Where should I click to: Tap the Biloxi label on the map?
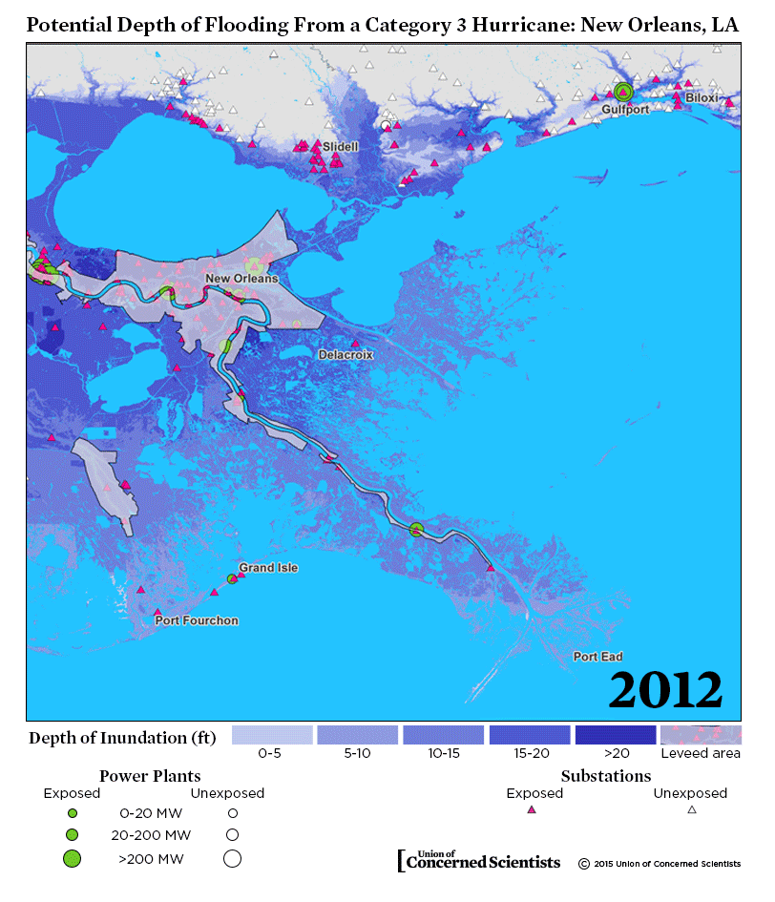tap(703, 97)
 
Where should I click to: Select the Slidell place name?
tap(341, 147)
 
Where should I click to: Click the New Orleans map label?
tap(241, 279)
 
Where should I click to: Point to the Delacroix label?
tap(346, 354)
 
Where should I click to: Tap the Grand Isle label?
tap(268, 568)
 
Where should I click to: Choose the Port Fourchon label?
tap(197, 620)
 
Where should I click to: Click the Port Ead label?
tap(597, 657)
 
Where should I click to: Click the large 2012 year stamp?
tap(665, 689)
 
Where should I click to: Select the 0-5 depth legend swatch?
tap(273, 735)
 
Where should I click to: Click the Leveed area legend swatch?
tap(701, 735)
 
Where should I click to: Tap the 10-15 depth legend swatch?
tap(444, 735)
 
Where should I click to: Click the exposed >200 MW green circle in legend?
tap(72, 858)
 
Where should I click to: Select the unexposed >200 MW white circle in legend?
tap(232, 858)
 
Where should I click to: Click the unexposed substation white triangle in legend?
tap(692, 809)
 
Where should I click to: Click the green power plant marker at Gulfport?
tap(623, 92)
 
